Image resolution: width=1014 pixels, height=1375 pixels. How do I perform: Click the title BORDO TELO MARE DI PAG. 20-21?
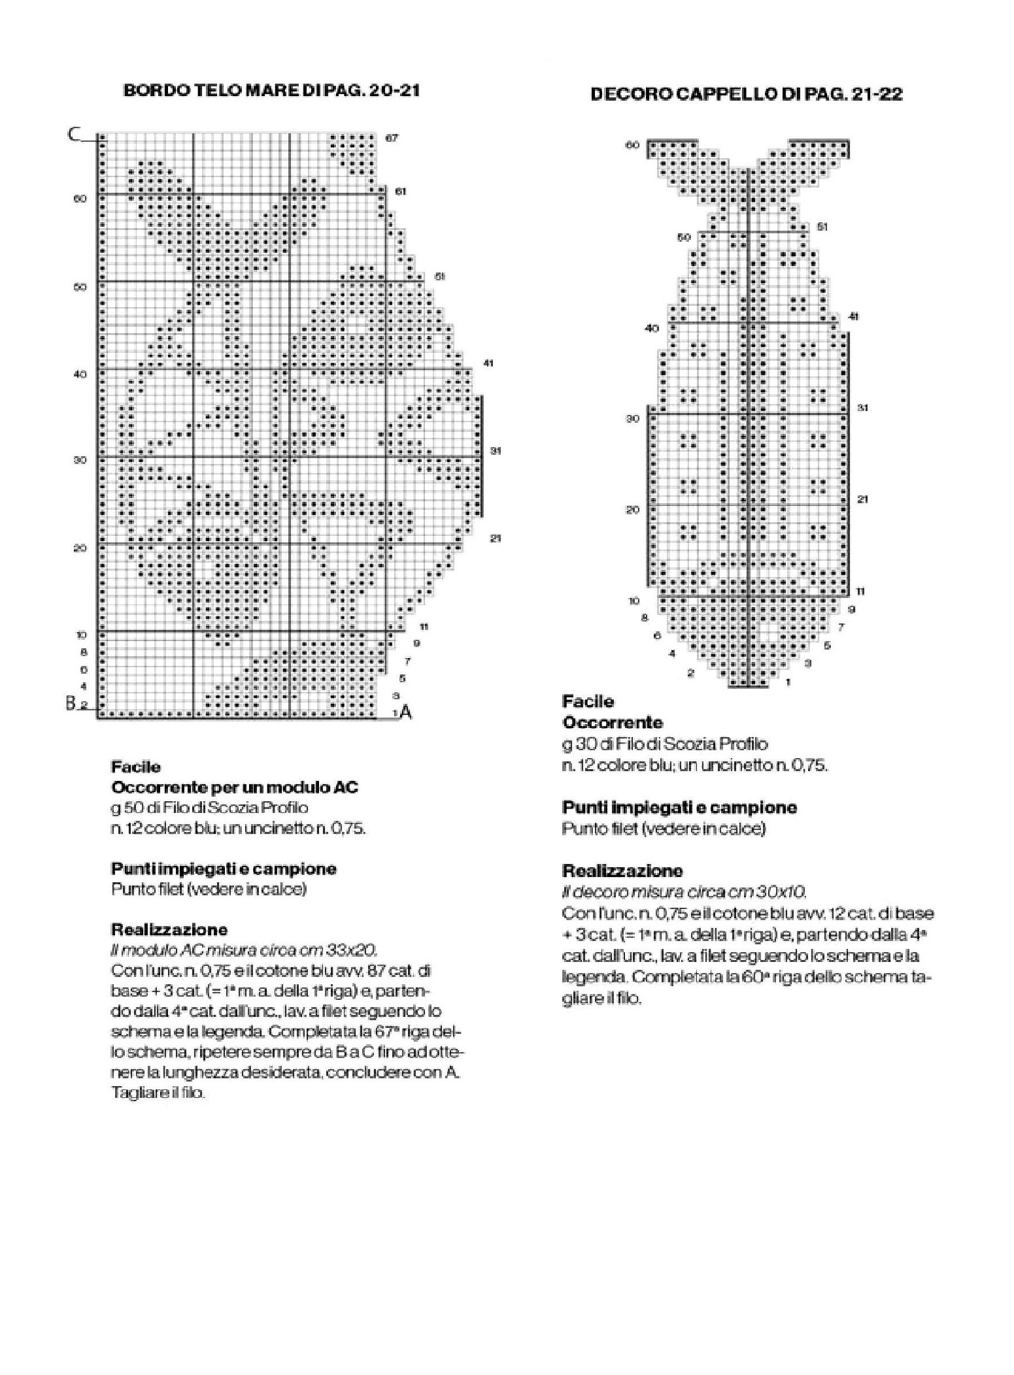(271, 90)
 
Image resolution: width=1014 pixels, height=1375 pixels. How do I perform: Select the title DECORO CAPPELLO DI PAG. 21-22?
(746, 94)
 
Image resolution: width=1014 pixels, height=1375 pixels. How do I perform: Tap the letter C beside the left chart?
(74, 135)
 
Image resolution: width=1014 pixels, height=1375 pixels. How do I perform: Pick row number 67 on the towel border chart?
(392, 138)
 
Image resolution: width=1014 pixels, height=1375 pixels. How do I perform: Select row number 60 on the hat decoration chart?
(632, 145)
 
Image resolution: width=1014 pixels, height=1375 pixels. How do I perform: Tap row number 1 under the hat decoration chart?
(788, 682)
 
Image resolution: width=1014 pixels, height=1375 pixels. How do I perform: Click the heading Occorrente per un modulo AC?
(235, 787)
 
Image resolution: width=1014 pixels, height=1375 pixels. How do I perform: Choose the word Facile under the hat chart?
(588, 701)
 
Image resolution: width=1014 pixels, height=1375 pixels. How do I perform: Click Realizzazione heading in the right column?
(622, 870)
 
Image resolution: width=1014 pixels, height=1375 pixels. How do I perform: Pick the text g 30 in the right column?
(577, 744)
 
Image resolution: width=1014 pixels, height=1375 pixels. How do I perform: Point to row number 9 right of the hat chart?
(851, 609)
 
